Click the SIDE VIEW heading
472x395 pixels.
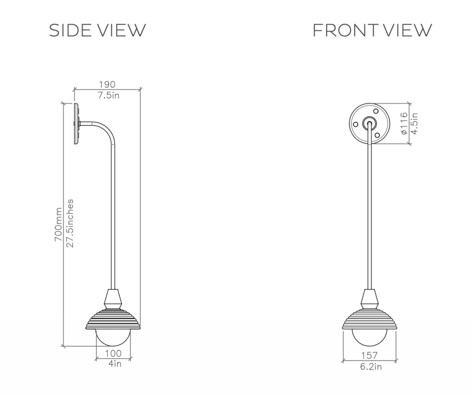98,30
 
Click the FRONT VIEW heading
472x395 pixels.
372,30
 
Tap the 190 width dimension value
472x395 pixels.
108,85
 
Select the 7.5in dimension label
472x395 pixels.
108,95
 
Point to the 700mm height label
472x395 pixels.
58,225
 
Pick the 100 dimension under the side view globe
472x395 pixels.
112,353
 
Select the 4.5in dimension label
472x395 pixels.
415,123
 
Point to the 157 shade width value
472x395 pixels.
369,355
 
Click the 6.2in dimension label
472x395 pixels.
369,366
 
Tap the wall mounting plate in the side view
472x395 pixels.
76,123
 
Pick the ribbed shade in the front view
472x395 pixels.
369,320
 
